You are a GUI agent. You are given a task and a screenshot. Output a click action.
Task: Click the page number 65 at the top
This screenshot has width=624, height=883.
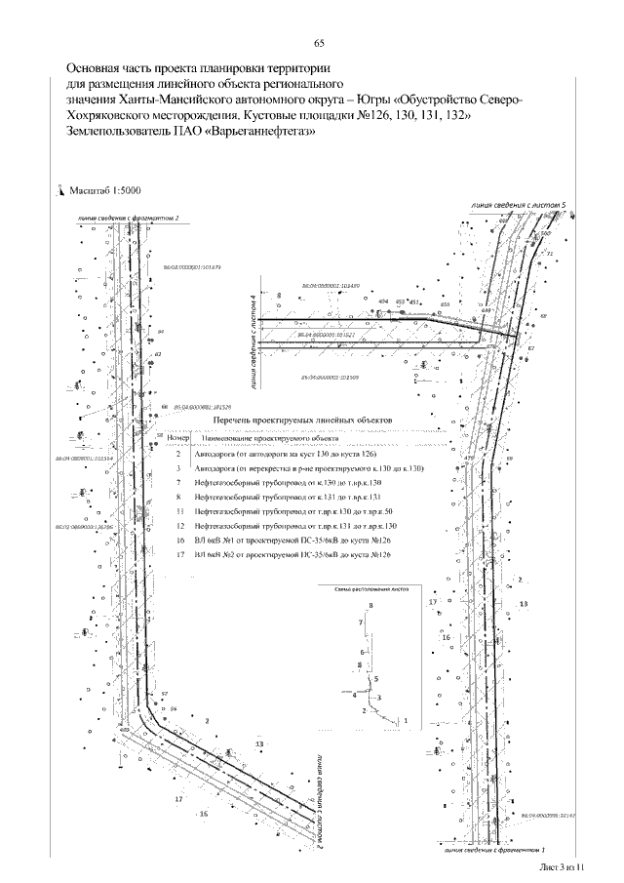pos(319,43)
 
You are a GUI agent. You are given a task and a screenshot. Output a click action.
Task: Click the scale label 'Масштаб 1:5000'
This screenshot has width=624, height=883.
pos(104,191)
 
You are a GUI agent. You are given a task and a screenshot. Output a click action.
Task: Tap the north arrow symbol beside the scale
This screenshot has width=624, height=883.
pos(60,192)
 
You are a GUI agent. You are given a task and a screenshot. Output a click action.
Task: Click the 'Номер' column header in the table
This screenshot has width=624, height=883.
pos(179,439)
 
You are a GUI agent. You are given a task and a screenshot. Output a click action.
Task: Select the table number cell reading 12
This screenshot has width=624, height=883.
pos(178,526)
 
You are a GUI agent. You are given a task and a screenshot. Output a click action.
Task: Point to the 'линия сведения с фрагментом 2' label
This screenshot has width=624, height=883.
pos(126,219)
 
